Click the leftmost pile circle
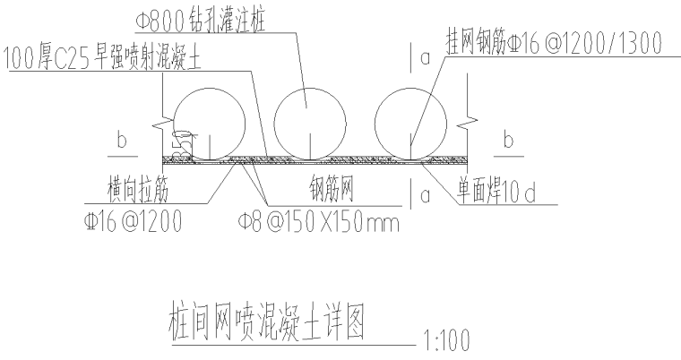tap(209, 125)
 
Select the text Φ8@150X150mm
tap(317, 220)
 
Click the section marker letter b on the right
tap(509, 141)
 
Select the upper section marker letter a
tap(424, 56)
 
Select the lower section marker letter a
tap(424, 193)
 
